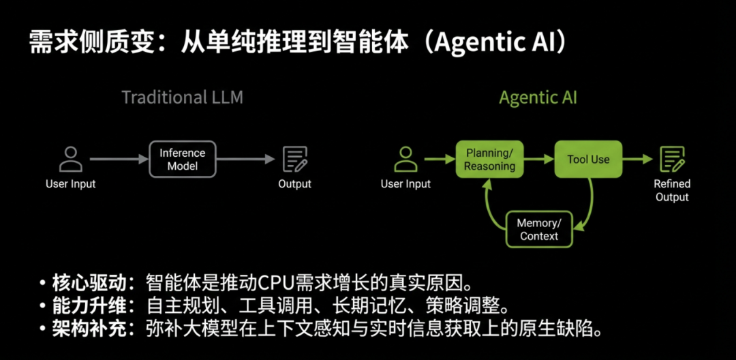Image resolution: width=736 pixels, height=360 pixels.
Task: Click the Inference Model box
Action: point(183,160)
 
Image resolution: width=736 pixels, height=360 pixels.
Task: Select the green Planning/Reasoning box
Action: point(489,160)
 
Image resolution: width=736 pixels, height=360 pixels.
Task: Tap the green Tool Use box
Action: point(588,160)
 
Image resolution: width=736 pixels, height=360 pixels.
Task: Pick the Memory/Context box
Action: point(538,230)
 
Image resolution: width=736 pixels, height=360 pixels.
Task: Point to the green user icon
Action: point(405,159)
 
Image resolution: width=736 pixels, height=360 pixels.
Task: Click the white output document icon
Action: point(294,159)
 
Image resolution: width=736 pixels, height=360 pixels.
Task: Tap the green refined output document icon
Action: point(672,159)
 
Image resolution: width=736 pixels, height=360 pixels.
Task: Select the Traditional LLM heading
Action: point(182,97)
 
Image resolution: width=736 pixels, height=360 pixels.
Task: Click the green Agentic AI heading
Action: point(538,97)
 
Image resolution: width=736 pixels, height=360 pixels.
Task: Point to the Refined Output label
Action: point(672,190)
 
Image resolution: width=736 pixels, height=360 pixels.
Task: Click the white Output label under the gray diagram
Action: point(294,184)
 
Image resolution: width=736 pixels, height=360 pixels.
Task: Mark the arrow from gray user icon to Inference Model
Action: point(119,160)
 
